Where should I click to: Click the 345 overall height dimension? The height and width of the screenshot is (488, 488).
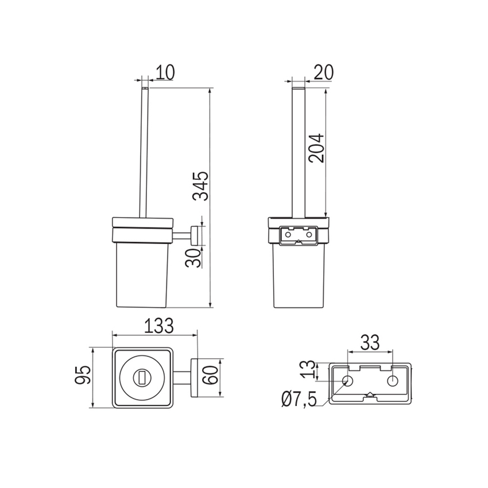tap(200, 185)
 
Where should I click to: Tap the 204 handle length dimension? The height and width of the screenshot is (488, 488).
tap(316, 148)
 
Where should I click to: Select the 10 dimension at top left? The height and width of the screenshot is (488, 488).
tap(165, 72)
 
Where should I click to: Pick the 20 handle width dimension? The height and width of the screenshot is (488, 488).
tap(323, 72)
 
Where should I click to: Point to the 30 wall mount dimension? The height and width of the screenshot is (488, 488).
tap(193, 258)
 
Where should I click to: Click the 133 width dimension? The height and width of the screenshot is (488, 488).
tap(158, 326)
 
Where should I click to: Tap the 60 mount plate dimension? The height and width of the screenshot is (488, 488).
tap(210, 375)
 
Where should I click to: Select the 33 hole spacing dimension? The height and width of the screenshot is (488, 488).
tap(370, 342)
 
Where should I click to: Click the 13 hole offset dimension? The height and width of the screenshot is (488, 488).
tap(308, 369)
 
